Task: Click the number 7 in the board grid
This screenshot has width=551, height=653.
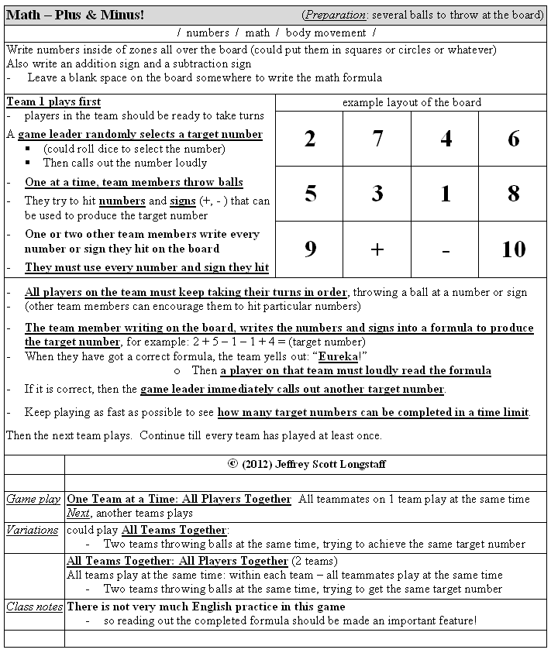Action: click(377, 139)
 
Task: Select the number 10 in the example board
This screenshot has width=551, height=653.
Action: click(513, 249)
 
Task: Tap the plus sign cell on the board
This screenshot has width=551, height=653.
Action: click(377, 249)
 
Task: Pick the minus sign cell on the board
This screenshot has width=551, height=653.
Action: click(445, 249)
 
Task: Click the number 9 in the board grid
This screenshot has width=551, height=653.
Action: click(310, 249)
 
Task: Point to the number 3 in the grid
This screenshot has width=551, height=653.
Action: click(377, 193)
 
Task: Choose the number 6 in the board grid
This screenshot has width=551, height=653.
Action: click(513, 139)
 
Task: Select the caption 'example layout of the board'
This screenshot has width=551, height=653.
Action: click(412, 102)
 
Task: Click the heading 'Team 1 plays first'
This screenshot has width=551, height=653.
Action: click(53, 101)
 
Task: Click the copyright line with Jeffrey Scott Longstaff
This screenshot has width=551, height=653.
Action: click(307, 464)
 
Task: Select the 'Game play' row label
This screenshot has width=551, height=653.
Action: click(33, 499)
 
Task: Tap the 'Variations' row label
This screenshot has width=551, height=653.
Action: click(32, 530)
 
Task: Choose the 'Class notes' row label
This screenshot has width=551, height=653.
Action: click(34, 607)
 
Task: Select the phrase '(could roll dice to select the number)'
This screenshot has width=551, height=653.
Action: click(134, 149)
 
